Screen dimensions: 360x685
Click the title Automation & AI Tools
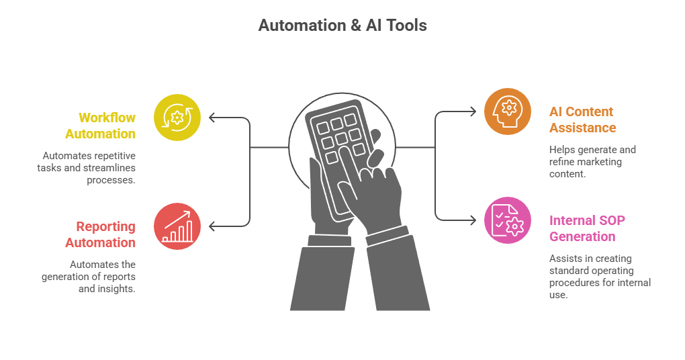point(342,26)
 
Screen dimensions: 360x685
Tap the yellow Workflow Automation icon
point(177,118)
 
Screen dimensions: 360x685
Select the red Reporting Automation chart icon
point(177,226)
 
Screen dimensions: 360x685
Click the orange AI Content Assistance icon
point(508,111)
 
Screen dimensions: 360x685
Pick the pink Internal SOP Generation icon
point(508,220)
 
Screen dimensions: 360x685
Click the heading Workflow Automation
point(101,126)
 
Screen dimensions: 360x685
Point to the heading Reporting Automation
point(101,234)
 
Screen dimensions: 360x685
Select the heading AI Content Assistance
point(582,120)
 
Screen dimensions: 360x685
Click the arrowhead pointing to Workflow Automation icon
point(212,118)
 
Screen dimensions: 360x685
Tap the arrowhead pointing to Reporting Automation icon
point(212,226)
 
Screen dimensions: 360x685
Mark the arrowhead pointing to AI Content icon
point(473,111)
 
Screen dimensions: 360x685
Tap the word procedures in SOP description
point(572,282)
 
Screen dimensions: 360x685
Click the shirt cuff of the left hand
point(330,239)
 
